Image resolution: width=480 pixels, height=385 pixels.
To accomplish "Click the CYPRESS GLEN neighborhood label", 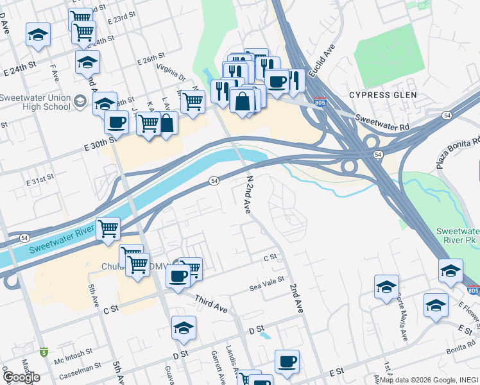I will [382, 95].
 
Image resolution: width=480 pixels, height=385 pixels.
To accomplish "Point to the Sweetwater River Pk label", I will [458, 235].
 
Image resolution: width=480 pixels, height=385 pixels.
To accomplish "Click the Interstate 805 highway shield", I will [320, 103].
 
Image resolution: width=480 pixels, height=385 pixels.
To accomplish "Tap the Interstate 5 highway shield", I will [44, 352].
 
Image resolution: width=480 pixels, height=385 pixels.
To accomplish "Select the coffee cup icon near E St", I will [287, 361].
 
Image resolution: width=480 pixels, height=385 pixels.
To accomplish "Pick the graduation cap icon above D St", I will [184, 328].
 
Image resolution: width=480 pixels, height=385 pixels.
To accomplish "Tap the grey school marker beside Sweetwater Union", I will [80, 100].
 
